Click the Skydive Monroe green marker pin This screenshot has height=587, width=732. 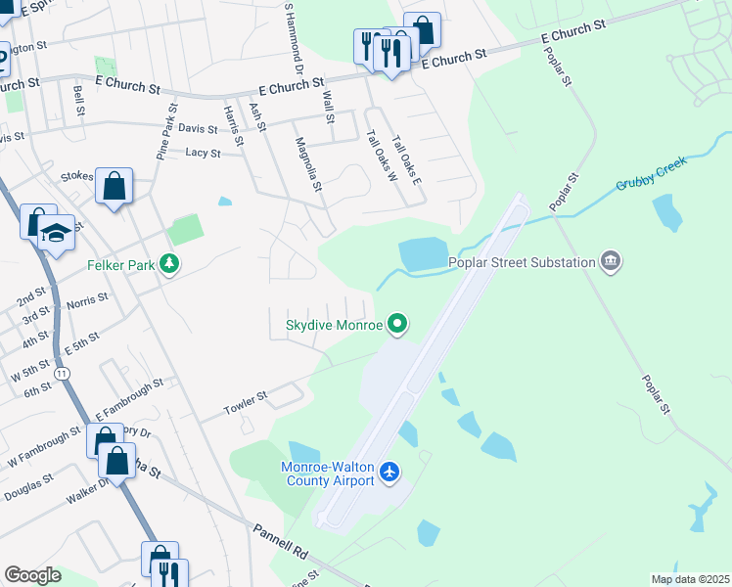(396, 323)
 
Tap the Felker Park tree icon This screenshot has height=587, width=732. (170, 264)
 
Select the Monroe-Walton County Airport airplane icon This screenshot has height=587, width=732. (390, 474)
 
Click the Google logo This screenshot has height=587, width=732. (32, 575)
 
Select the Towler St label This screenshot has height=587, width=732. (246, 402)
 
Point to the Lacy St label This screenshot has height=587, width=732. (203, 153)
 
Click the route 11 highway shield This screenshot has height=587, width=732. (63, 375)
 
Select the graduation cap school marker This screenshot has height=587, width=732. (57, 234)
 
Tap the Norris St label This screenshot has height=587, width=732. (87, 302)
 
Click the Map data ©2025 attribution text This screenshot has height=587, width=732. (689, 579)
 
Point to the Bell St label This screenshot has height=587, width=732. (78, 101)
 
